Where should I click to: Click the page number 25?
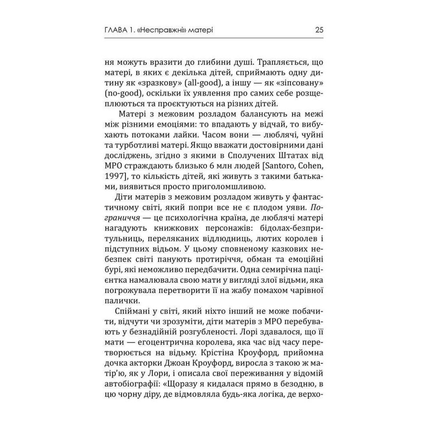(x=319, y=30)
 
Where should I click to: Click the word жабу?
(x=246, y=289)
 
